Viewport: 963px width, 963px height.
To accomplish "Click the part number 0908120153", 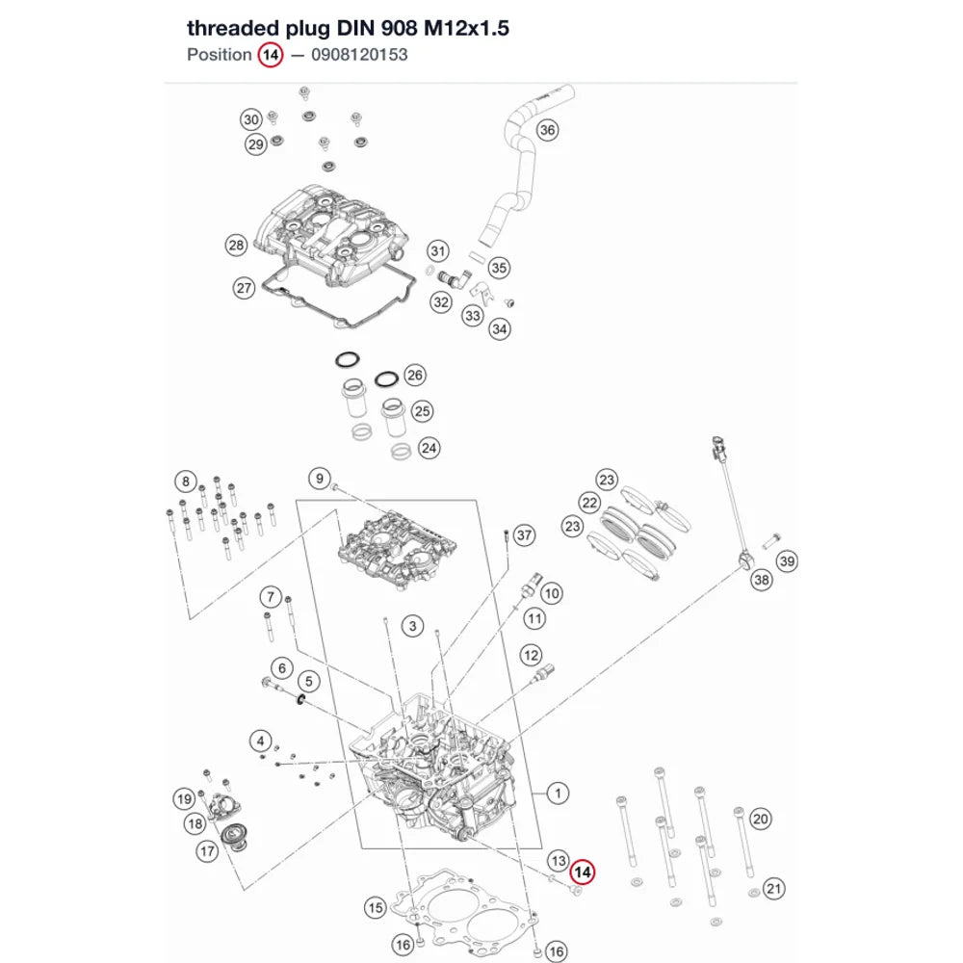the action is (359, 55).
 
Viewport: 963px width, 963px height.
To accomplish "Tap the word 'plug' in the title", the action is (306, 29).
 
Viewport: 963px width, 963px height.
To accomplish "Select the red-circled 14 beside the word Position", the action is (271, 55).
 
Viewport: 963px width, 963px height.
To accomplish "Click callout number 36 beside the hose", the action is (547, 130).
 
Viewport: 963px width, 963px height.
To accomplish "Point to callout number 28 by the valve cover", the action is (237, 245).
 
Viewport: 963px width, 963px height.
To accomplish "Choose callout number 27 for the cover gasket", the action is (244, 288).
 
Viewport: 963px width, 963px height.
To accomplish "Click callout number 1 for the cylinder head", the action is (558, 793).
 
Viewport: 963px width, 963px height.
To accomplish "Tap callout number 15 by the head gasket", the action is (376, 908).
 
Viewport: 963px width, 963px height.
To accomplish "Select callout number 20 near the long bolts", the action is (761, 819).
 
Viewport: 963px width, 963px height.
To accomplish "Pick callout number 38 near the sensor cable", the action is (762, 580).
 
